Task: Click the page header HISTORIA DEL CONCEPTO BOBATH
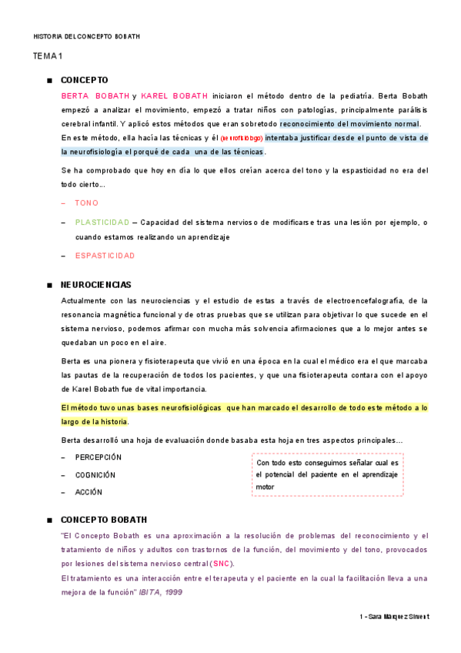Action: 87,36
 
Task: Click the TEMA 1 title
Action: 48,56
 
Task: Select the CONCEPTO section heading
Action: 85,80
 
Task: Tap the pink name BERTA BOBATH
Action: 93,96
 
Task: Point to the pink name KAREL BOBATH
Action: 175,96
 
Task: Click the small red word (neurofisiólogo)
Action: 242,139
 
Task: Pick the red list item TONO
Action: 86,203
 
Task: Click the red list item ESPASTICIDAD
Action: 105,256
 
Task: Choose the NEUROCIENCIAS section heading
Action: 96,285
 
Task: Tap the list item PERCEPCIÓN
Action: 99,457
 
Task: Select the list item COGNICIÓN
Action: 95,475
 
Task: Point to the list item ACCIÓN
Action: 89,492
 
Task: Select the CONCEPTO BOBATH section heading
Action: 104,520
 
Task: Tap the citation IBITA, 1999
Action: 161,592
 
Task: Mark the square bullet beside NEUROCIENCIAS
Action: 49,285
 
